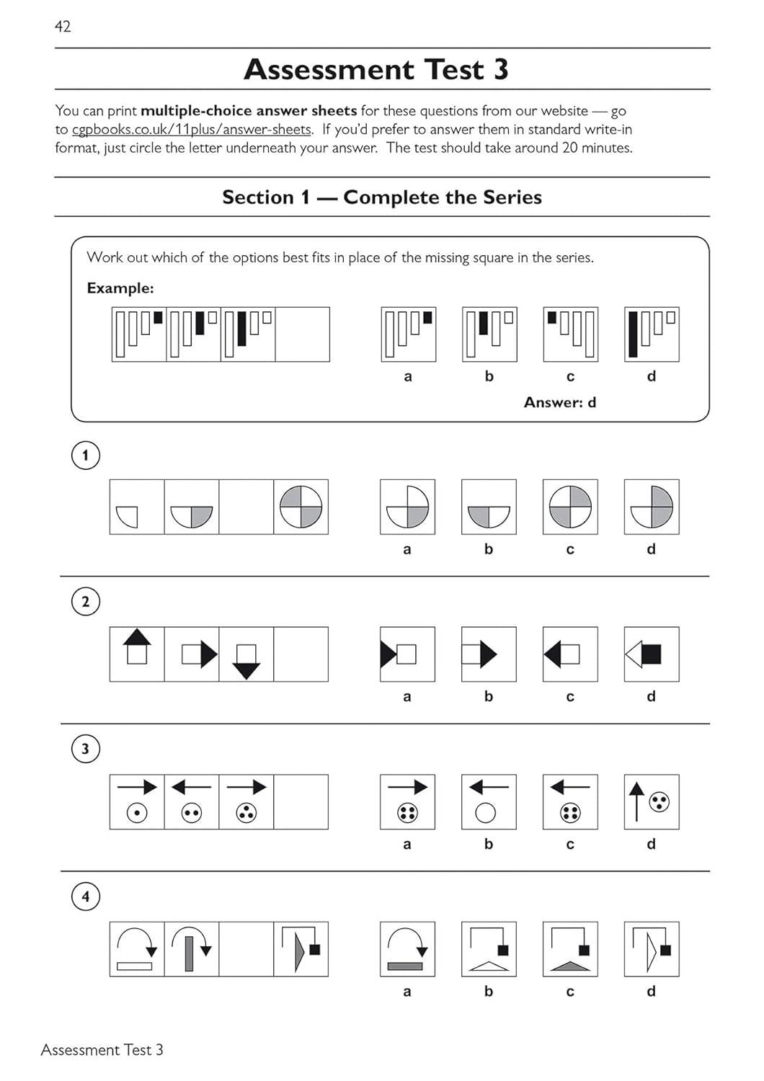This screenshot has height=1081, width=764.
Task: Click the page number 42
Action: (x=63, y=27)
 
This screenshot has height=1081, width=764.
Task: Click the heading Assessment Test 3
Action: (x=376, y=69)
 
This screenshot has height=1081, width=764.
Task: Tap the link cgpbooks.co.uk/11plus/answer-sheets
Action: (x=192, y=130)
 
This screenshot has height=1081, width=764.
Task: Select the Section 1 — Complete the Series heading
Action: (x=381, y=197)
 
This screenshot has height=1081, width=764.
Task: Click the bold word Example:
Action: (x=120, y=288)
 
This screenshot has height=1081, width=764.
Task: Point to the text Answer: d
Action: (x=559, y=402)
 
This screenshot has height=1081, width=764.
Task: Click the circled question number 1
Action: (x=86, y=455)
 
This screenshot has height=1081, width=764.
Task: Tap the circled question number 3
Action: (x=86, y=749)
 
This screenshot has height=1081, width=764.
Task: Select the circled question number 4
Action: (x=86, y=897)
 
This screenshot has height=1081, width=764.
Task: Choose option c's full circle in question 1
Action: (x=570, y=507)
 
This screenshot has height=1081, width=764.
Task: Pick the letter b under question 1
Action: (x=489, y=549)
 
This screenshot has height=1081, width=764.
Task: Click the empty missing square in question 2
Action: (x=301, y=654)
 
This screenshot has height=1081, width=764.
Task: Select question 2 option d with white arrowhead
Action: (x=651, y=654)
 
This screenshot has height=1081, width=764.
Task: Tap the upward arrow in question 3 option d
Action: (x=636, y=801)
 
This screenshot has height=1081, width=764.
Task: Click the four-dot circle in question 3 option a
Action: (x=407, y=814)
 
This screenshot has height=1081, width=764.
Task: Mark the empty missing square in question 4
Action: (x=246, y=949)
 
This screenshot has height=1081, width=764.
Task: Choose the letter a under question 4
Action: (x=407, y=992)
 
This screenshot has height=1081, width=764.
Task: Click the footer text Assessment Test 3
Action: (x=102, y=1050)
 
